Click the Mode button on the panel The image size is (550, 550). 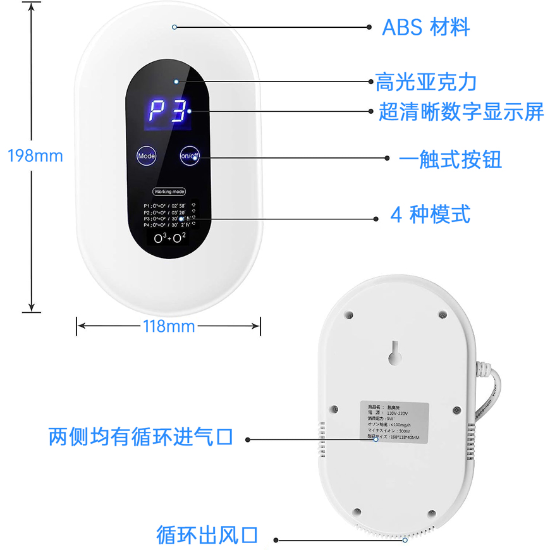(147, 155)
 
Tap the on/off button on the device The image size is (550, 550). (190, 155)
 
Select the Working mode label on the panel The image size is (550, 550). (169, 191)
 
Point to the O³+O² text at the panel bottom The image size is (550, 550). (169, 238)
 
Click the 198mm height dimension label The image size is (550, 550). (35, 156)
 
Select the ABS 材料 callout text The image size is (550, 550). (425, 27)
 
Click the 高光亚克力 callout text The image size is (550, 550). (425, 82)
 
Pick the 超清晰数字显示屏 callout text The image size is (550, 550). (461, 113)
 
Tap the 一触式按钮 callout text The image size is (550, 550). (451, 159)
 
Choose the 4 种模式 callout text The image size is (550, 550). (430, 215)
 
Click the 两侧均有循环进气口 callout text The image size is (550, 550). (141, 436)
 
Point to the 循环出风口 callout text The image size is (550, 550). (207, 535)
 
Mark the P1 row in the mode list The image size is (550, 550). (166, 206)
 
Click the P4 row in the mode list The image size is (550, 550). (166, 224)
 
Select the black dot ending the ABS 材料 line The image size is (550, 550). (370, 27)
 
